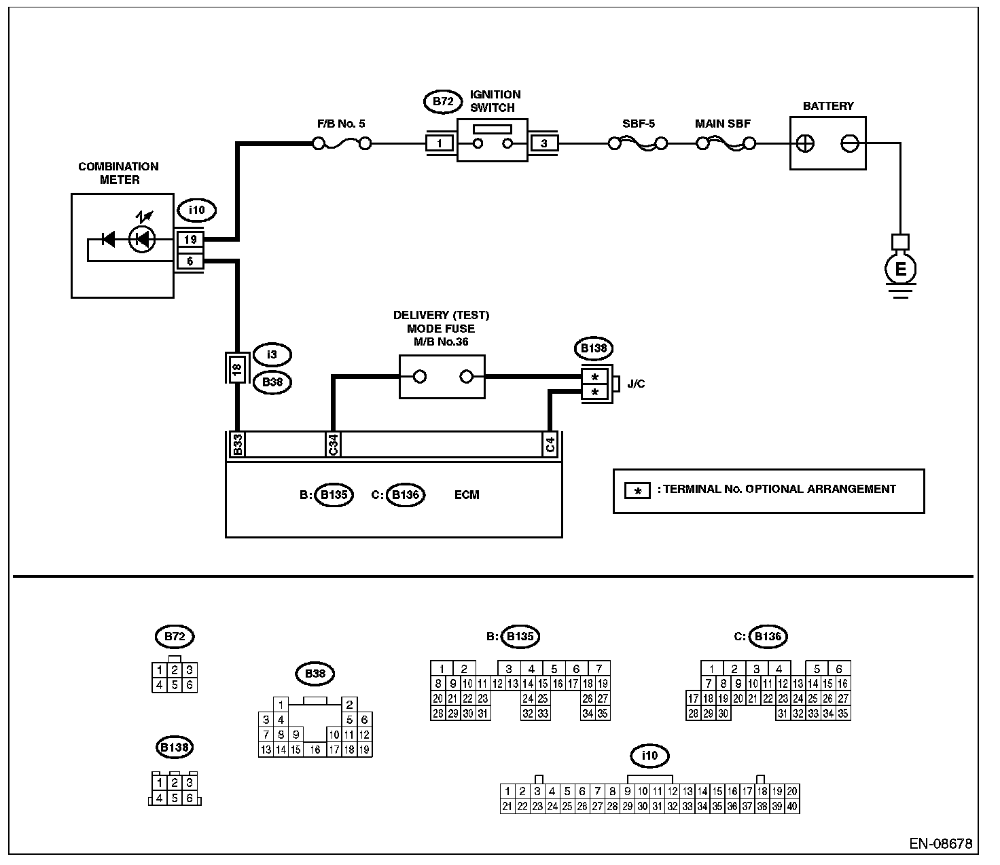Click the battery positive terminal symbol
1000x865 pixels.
pos(805,144)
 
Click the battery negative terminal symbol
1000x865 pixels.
pos(850,144)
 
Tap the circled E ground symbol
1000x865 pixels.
pos(900,269)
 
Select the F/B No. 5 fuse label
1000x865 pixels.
pos(341,124)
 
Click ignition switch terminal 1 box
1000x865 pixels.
pos(440,144)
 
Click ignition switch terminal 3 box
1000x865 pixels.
pos(543,144)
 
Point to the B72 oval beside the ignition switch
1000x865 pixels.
pos(443,102)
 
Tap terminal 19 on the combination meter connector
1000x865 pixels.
pos(190,240)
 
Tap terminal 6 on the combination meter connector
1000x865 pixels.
pos(190,261)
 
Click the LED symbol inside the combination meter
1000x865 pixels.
pos(142,239)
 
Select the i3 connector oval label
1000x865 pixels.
pos(272,354)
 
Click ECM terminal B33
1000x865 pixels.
pos(238,444)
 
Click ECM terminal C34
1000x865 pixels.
pos(333,444)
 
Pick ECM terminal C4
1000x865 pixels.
pos(550,444)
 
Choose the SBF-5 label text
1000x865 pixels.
pos(638,124)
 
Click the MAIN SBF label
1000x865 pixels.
pos(723,124)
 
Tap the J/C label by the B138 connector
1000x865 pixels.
pos(636,384)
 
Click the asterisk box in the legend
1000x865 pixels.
pos(638,491)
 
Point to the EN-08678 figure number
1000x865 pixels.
pos(941,844)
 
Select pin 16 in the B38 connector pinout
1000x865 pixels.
pos(315,750)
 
